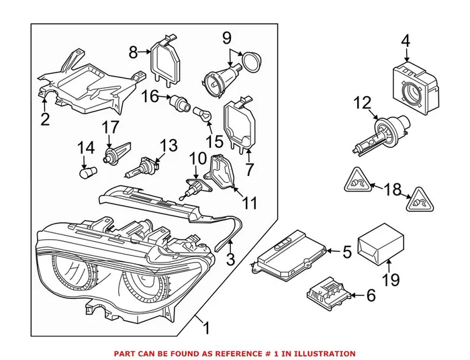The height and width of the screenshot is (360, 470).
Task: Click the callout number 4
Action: [x=405, y=41]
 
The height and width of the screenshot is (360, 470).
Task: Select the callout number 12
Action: [x=363, y=103]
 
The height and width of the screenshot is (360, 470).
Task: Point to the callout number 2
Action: [x=45, y=120]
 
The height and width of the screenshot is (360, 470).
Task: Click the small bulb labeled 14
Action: [x=85, y=174]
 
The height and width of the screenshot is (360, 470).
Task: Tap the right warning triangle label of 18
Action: [x=421, y=198]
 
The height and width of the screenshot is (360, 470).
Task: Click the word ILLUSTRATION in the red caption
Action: [x=324, y=353]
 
